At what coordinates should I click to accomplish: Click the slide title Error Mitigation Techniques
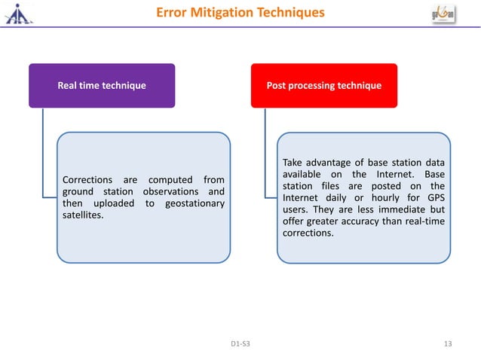pyautogui.click(x=240, y=13)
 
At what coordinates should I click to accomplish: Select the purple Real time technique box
pyautogui.click(x=102, y=86)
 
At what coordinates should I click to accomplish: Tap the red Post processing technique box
pyautogui.click(x=323, y=86)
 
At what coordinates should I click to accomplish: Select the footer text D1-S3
pyautogui.click(x=240, y=344)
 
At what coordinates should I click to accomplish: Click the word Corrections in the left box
pyautogui.click(x=88, y=180)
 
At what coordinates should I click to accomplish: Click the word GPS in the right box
pyautogui.click(x=434, y=198)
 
